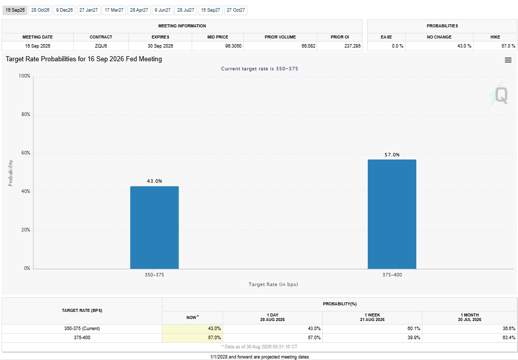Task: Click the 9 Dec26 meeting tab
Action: (x=64, y=10)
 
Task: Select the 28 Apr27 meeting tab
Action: (x=139, y=10)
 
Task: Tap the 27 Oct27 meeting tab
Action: (x=236, y=10)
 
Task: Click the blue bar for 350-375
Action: (x=154, y=227)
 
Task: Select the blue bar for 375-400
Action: (x=392, y=214)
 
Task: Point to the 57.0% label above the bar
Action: (x=392, y=155)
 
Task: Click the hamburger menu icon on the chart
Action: (x=508, y=60)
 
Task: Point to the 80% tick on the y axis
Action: (x=26, y=114)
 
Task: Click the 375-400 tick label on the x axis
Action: (x=392, y=275)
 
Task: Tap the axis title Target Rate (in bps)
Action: (x=273, y=284)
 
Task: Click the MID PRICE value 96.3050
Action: (x=233, y=46)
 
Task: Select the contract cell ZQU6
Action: (x=101, y=46)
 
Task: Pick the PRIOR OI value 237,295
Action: (x=353, y=46)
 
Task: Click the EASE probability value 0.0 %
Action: (x=398, y=46)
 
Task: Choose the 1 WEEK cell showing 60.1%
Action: (x=414, y=329)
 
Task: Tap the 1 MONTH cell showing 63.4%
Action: (x=508, y=338)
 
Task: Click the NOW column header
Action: (x=192, y=317)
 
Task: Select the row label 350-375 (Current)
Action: (x=82, y=329)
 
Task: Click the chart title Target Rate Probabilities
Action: (x=84, y=59)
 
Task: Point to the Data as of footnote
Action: (x=260, y=347)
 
